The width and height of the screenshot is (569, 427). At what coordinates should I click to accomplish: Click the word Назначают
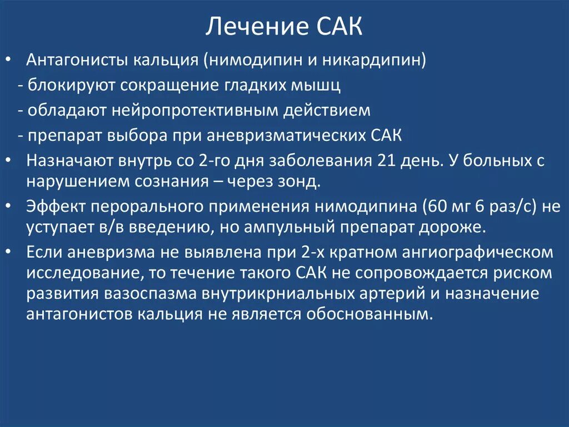point(69,161)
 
